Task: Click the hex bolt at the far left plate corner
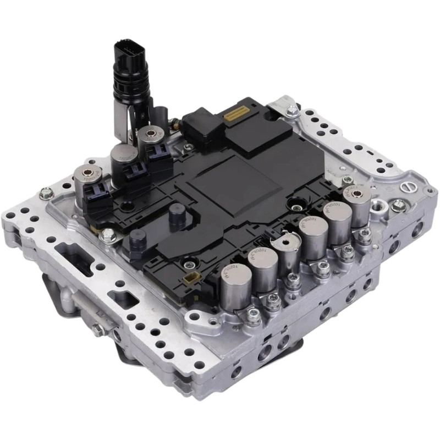pyautogui.click(x=47, y=193)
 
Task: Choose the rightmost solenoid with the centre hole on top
pyautogui.click(x=356, y=193)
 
